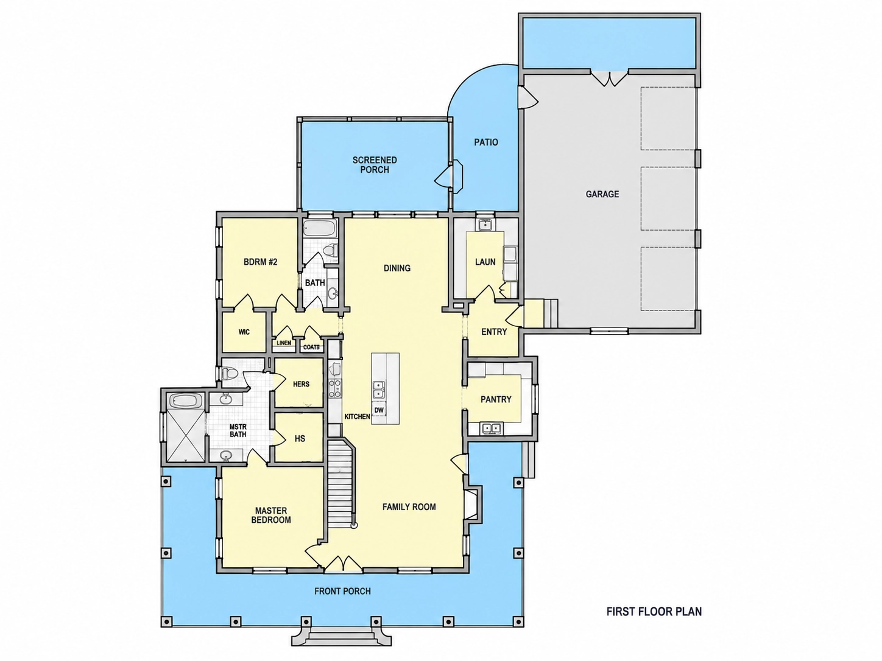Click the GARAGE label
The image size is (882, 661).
point(602,194)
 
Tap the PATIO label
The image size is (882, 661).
point(486,142)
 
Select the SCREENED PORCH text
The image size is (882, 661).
point(375,165)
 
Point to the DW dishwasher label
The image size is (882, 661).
point(379,410)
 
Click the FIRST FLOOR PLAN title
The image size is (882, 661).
point(654,612)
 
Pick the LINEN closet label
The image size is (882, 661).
point(284,343)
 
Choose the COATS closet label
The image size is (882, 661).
point(311,347)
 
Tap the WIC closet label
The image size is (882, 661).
point(244,332)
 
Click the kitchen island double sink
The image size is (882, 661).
point(378,390)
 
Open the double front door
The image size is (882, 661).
point(343,563)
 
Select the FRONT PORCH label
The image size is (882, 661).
point(342,591)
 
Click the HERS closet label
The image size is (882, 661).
point(301,384)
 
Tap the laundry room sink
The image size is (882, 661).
point(486,225)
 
